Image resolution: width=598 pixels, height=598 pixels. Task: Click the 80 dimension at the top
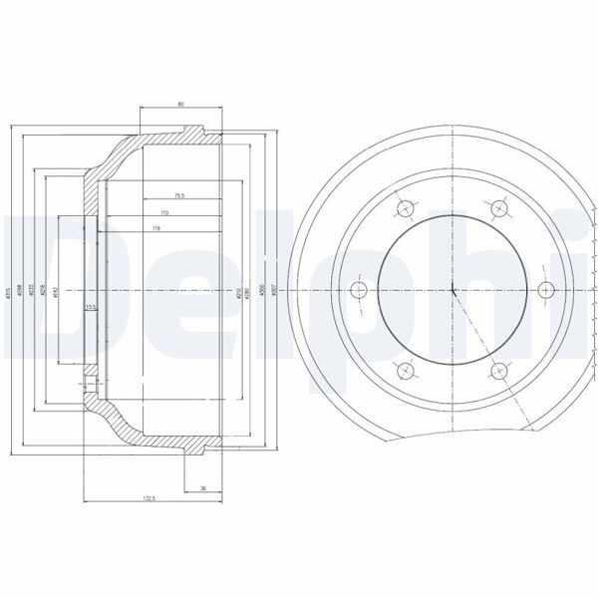[180, 102]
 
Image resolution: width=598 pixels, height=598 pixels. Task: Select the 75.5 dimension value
[180, 195]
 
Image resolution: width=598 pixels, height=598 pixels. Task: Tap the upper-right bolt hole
[497, 208]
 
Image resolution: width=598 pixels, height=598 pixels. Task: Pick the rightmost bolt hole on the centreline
[544, 290]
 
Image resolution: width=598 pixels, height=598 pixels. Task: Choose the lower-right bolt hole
[497, 372]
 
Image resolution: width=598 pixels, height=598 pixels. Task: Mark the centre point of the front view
[451, 290]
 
